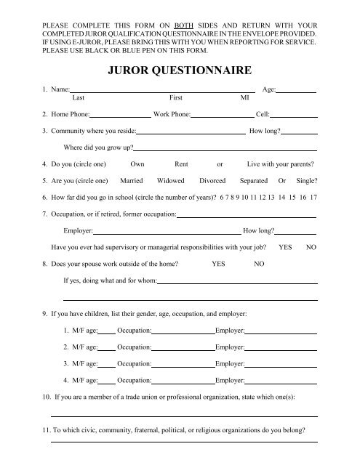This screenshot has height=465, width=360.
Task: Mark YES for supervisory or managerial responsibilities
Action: coord(286,248)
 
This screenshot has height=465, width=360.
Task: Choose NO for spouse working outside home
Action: coord(259,264)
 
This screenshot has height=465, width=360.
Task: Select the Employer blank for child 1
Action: coord(281,331)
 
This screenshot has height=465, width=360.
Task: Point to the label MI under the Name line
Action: coord(244,96)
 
